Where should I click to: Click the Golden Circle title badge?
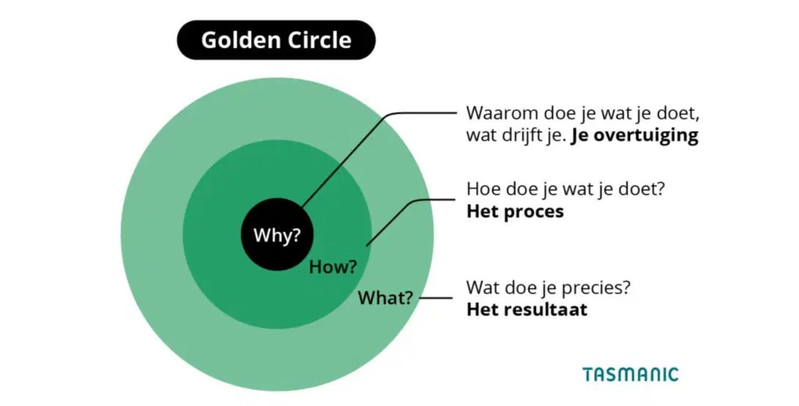pos(276,40)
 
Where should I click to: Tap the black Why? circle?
pos(277,234)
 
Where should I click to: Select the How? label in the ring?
pos(333,267)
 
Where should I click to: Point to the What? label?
pos(385,298)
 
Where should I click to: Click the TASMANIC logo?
pos(631,375)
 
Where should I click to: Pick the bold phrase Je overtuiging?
pos(635,136)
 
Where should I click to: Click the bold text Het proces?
pos(515,212)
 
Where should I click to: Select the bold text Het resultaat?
pos(526,309)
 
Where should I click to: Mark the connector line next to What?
pos(436,298)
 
